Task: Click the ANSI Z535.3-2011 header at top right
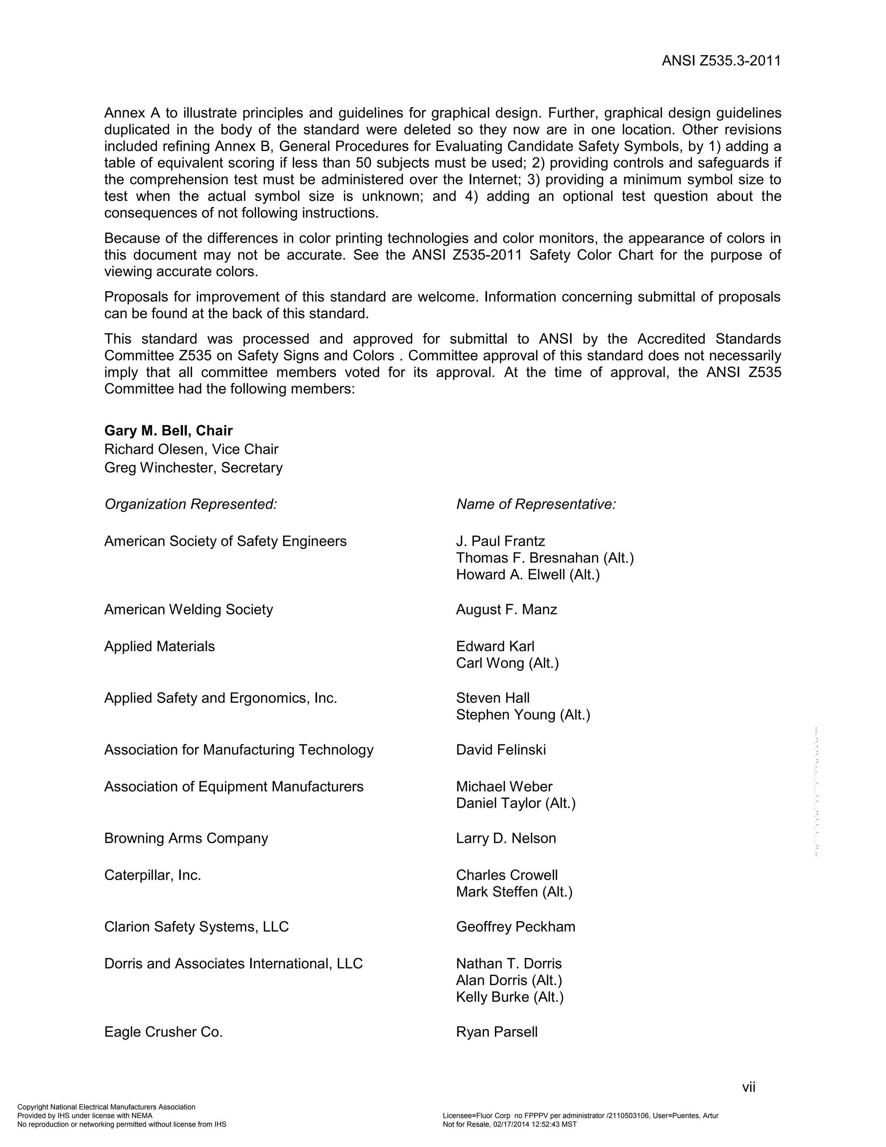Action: pos(721,61)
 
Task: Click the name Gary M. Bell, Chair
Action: pos(168,431)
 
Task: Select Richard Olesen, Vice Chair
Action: pos(191,449)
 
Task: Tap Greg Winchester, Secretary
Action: pos(193,467)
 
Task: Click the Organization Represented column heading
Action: pos(190,504)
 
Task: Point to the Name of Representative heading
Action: pos(536,504)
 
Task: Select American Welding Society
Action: pos(189,609)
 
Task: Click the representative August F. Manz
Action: pos(507,609)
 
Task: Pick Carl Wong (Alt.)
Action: pos(507,663)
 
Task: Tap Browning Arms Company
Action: pos(186,838)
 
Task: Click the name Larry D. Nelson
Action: pos(506,838)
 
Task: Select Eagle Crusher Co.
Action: pos(163,1032)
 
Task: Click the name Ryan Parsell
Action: pos(497,1032)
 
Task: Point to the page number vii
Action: pos(748,1087)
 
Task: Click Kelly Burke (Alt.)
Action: pos(510,997)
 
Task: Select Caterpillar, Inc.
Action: pos(153,875)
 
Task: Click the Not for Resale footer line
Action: pos(509,1124)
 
